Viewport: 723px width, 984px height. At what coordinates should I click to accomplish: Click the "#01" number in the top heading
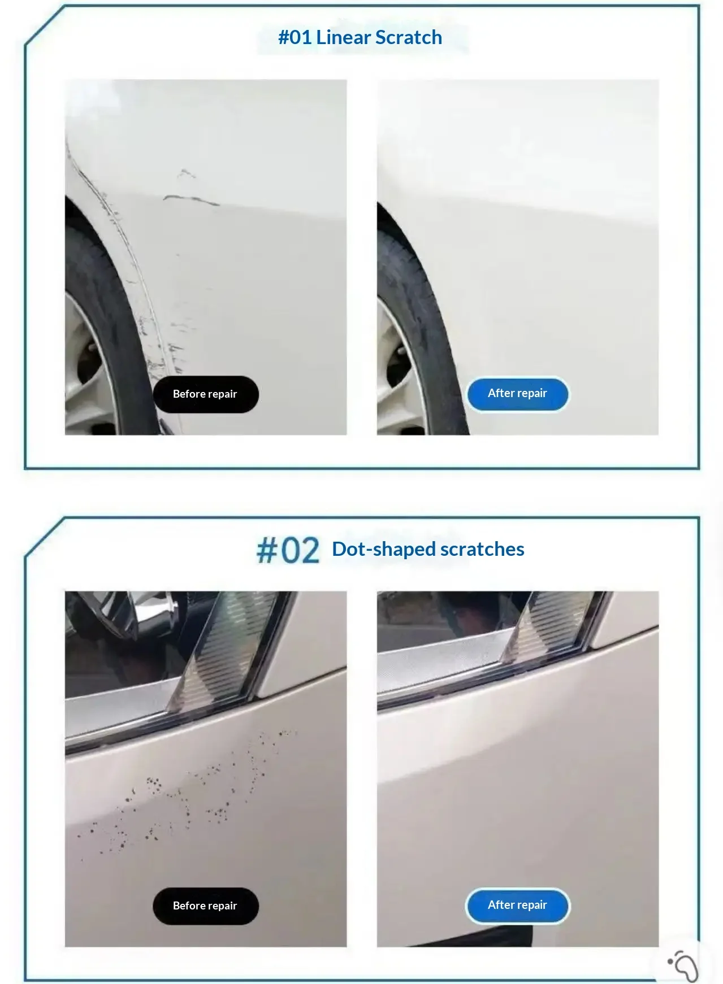coord(295,38)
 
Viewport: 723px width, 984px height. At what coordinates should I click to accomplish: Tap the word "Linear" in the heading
coord(343,38)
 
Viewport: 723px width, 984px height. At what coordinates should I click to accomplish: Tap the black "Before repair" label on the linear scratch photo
coord(205,394)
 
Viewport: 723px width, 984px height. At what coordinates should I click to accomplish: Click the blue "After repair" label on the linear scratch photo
coord(517,393)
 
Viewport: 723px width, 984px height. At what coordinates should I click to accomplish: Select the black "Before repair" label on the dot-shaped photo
coord(205,905)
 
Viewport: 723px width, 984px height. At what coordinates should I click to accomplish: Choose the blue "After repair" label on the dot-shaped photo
coord(517,905)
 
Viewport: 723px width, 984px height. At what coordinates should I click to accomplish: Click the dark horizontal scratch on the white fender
coord(191,199)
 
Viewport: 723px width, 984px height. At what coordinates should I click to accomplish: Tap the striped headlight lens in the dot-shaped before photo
coord(226,650)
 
